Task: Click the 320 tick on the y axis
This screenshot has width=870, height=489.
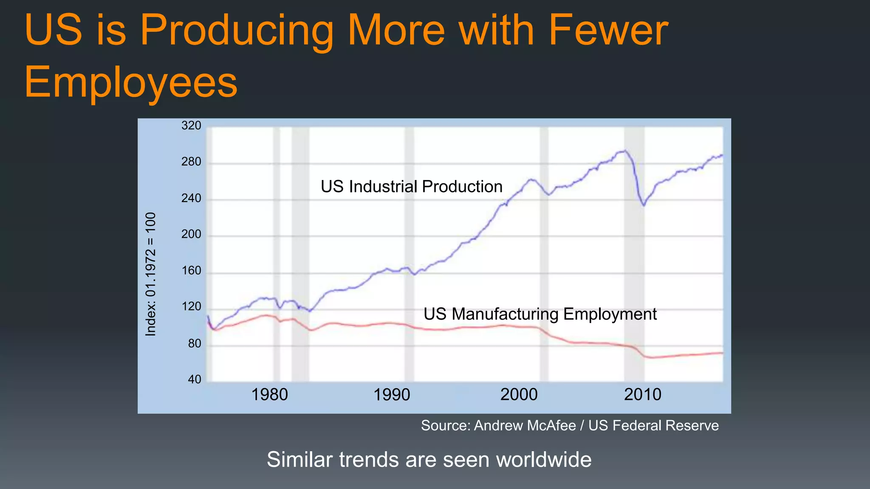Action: click(191, 126)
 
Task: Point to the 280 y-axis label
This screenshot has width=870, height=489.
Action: click(191, 162)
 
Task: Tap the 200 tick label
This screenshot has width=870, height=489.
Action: click(191, 234)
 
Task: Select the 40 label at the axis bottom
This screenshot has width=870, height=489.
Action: click(195, 379)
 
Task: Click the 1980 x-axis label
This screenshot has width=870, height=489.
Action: click(269, 395)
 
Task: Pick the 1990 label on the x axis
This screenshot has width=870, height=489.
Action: click(391, 395)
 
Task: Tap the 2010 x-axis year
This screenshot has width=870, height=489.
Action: click(642, 395)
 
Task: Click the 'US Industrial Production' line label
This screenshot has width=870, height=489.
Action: click(411, 187)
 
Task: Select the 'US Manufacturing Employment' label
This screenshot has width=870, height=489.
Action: click(540, 314)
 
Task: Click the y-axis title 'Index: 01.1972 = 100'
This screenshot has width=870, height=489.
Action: click(151, 274)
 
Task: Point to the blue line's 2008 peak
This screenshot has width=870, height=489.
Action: click(624, 151)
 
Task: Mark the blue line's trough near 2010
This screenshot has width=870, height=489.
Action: click(644, 205)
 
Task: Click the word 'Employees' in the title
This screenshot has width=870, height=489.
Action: click(131, 82)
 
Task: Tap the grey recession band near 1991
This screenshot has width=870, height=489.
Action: click(409, 255)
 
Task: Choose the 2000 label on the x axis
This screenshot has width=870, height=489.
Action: click(519, 395)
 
